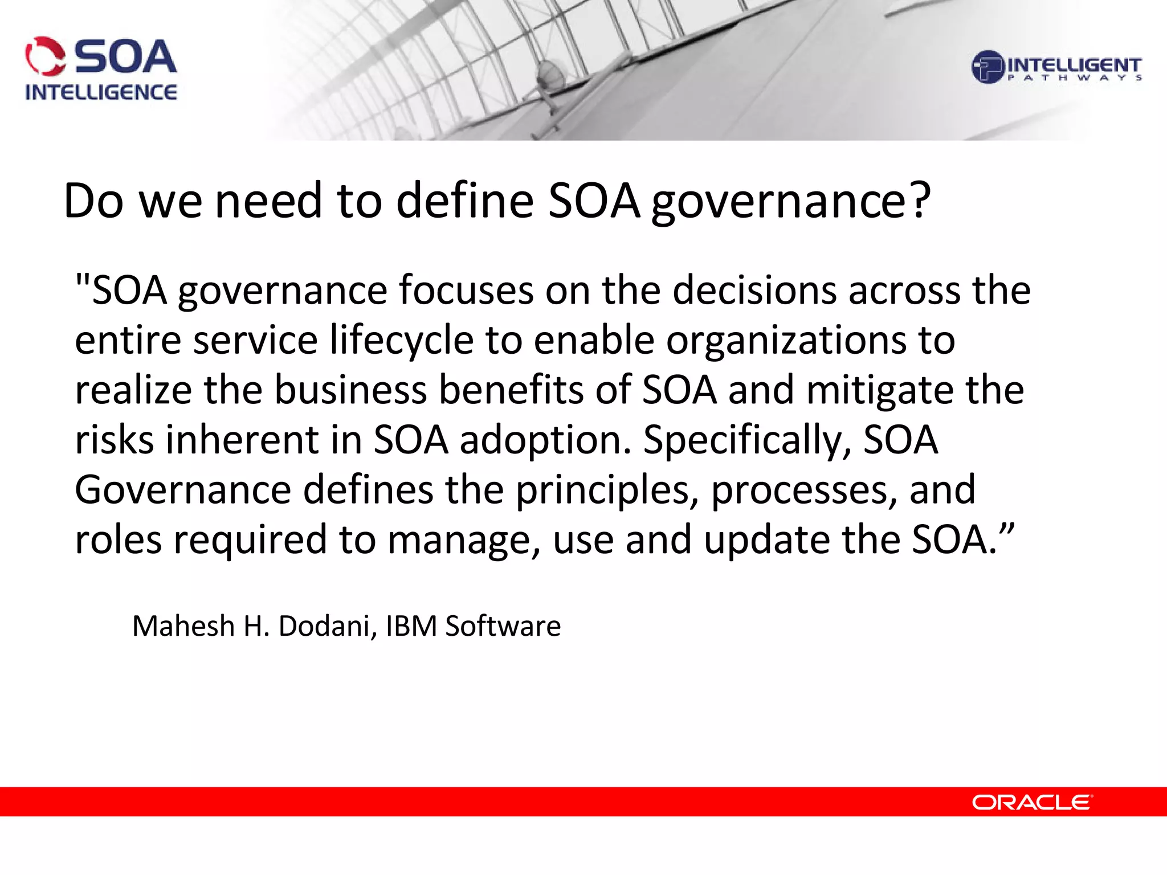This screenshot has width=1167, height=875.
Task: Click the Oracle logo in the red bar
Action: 1031,802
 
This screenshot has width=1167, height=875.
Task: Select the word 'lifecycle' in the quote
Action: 402,341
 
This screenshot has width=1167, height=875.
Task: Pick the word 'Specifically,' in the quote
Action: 747,441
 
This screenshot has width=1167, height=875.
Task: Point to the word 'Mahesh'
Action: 183,626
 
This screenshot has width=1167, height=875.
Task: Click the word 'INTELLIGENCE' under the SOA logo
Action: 101,92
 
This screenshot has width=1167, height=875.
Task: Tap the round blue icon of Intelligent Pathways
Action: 988,67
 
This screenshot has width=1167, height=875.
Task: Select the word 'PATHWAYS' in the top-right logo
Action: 1075,78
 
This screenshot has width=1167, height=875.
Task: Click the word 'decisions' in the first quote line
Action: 754,291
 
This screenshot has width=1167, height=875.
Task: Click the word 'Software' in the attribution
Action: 503,626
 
